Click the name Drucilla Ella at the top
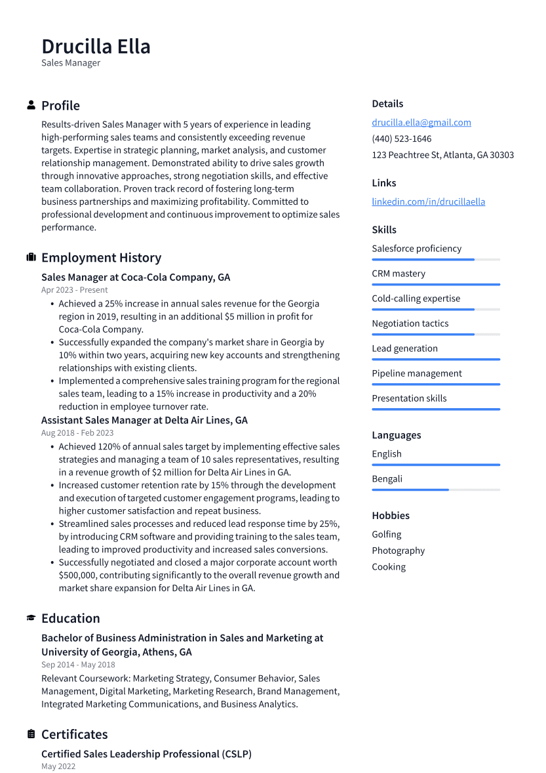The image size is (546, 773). pos(96,47)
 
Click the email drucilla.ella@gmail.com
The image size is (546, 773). pos(421,123)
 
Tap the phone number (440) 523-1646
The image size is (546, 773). pos(401,138)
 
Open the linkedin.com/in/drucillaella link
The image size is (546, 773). pos(428,201)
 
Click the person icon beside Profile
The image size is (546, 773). pos(31,106)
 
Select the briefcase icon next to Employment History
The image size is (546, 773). pos(31,257)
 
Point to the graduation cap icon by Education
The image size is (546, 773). pos(31,618)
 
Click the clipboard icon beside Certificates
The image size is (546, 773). pos(31,734)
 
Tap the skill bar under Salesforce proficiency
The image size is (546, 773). pos(435,260)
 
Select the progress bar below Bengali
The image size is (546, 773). pos(435,490)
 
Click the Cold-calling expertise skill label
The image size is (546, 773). pos(416,299)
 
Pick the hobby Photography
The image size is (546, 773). pos(398,551)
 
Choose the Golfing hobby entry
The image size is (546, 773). pos(386,534)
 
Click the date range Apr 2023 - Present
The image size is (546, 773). pos(74,290)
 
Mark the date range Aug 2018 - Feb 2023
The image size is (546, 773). pos(77,433)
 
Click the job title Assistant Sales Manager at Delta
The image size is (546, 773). pos(144,420)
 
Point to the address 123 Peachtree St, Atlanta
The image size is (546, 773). pos(442,155)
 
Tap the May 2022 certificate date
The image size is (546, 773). pos(58,766)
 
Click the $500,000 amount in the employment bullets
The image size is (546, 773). pos(81,575)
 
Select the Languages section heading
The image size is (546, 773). pos(396,435)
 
